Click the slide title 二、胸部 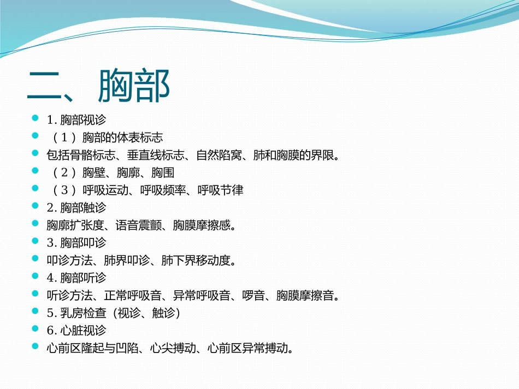[99, 86]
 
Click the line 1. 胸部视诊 [76, 120]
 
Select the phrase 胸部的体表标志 [122, 137]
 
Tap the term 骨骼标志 [92, 155]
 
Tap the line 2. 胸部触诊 [76, 208]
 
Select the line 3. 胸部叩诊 [76, 243]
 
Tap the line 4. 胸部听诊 [76, 278]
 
